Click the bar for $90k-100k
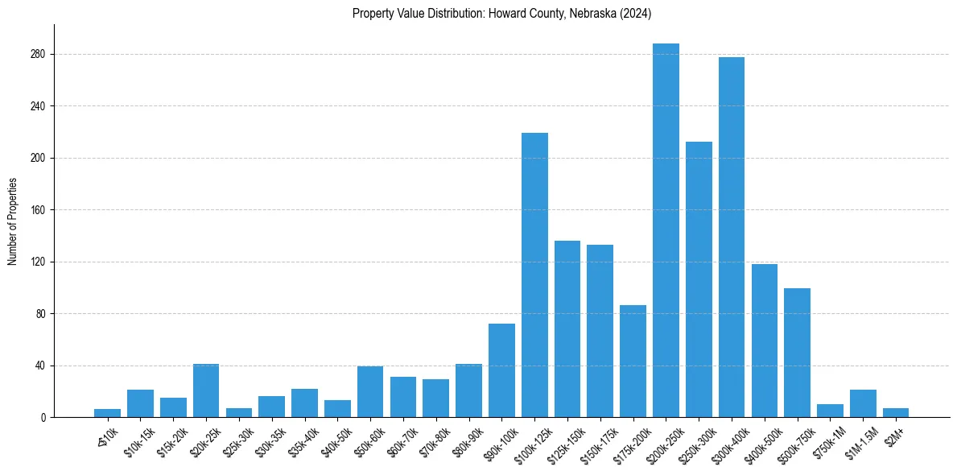501,370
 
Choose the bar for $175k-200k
633,361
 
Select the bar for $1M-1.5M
863,403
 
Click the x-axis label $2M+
894,436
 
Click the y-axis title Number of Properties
12,221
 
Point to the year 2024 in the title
636,13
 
